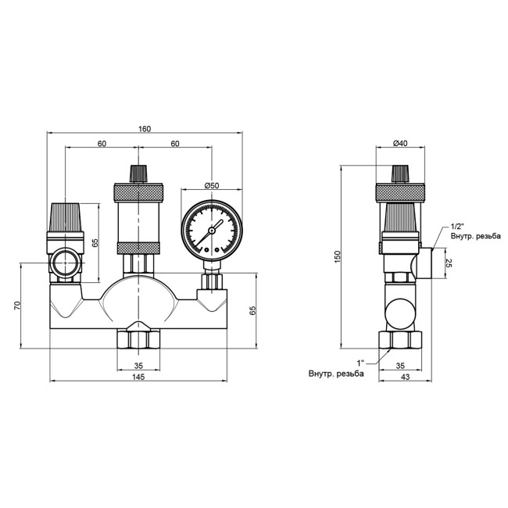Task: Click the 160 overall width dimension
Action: [145, 128]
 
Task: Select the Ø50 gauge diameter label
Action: [212, 184]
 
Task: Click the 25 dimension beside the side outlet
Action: [449, 261]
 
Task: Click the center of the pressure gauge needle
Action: [211, 232]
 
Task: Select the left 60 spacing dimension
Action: [102, 144]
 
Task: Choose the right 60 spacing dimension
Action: [175, 144]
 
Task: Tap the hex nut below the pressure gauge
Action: [212, 279]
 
